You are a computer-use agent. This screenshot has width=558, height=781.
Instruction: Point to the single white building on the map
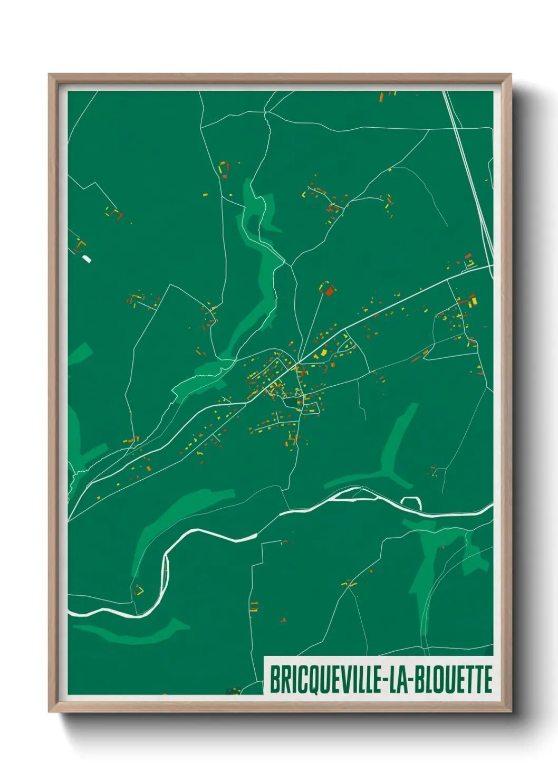click(87, 259)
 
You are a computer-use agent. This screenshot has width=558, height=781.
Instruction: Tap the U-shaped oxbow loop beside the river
click(411, 502)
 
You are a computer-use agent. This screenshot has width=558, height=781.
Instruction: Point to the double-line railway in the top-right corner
click(466, 158)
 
